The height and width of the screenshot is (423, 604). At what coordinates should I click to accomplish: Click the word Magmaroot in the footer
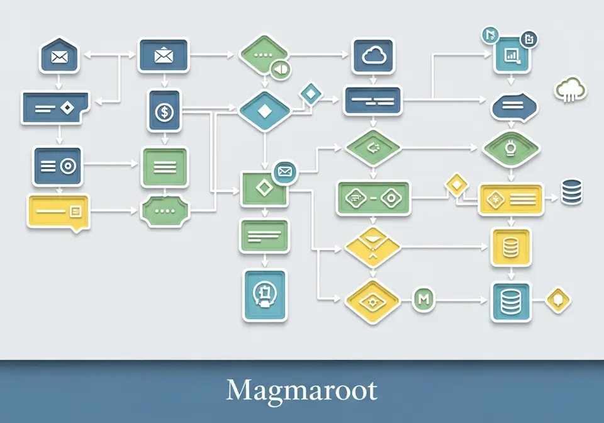pos(302,390)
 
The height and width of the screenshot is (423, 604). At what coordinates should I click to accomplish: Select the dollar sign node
pos(164,111)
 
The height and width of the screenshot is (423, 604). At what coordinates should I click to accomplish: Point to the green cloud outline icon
pos(571,90)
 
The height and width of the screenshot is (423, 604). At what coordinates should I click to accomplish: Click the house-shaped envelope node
pos(59,56)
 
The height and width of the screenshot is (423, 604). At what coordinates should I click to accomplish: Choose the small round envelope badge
pos(285,171)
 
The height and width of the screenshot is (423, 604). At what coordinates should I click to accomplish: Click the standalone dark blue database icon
pos(572,191)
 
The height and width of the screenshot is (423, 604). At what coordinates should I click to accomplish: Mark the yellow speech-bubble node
pos(59,211)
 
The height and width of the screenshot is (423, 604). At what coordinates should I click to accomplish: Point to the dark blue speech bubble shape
pos(515,106)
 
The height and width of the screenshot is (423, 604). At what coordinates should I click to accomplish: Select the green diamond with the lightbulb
pos(511,149)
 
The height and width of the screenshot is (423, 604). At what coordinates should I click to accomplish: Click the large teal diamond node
pos(264,111)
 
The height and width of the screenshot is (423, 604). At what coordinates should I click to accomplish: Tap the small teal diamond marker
pos(310,93)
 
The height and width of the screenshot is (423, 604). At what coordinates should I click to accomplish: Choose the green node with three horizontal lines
pos(164,167)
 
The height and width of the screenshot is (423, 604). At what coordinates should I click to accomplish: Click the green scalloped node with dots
pos(164,210)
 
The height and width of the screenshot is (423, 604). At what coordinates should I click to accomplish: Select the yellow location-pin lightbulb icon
pos(558,300)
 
